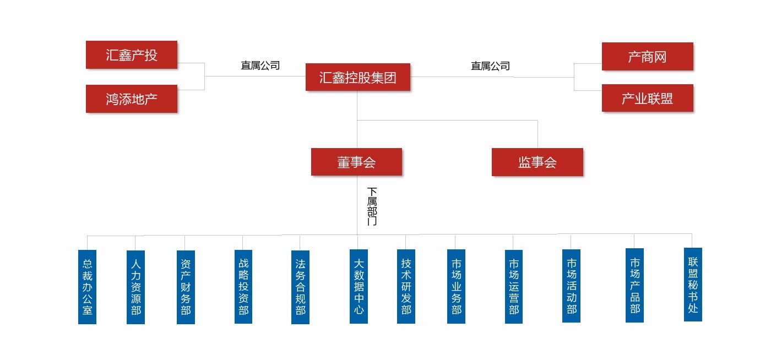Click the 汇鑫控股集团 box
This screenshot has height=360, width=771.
(358, 77)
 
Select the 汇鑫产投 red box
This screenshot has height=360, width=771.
(132, 55)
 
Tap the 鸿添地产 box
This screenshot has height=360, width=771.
(132, 99)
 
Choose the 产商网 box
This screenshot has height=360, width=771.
(647, 57)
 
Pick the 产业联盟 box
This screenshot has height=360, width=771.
(647, 99)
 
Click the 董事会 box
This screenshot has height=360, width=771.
(356, 162)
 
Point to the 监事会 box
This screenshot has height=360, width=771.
(537, 162)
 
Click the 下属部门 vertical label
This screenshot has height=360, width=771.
(372, 206)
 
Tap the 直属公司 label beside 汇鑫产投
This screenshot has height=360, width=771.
(260, 66)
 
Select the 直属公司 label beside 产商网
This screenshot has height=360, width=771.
(490, 66)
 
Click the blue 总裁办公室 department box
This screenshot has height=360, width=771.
(87, 287)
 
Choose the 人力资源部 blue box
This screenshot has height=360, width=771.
(135, 287)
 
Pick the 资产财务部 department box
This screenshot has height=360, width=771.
(186, 287)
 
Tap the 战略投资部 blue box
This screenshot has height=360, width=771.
(243, 286)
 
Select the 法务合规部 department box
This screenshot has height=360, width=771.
(300, 287)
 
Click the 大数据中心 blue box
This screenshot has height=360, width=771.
(359, 286)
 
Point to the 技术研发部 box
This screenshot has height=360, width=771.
(406, 286)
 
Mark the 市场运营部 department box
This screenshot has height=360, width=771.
(513, 286)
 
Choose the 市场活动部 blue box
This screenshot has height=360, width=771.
(571, 286)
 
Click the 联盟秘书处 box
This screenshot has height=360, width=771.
(693, 285)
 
